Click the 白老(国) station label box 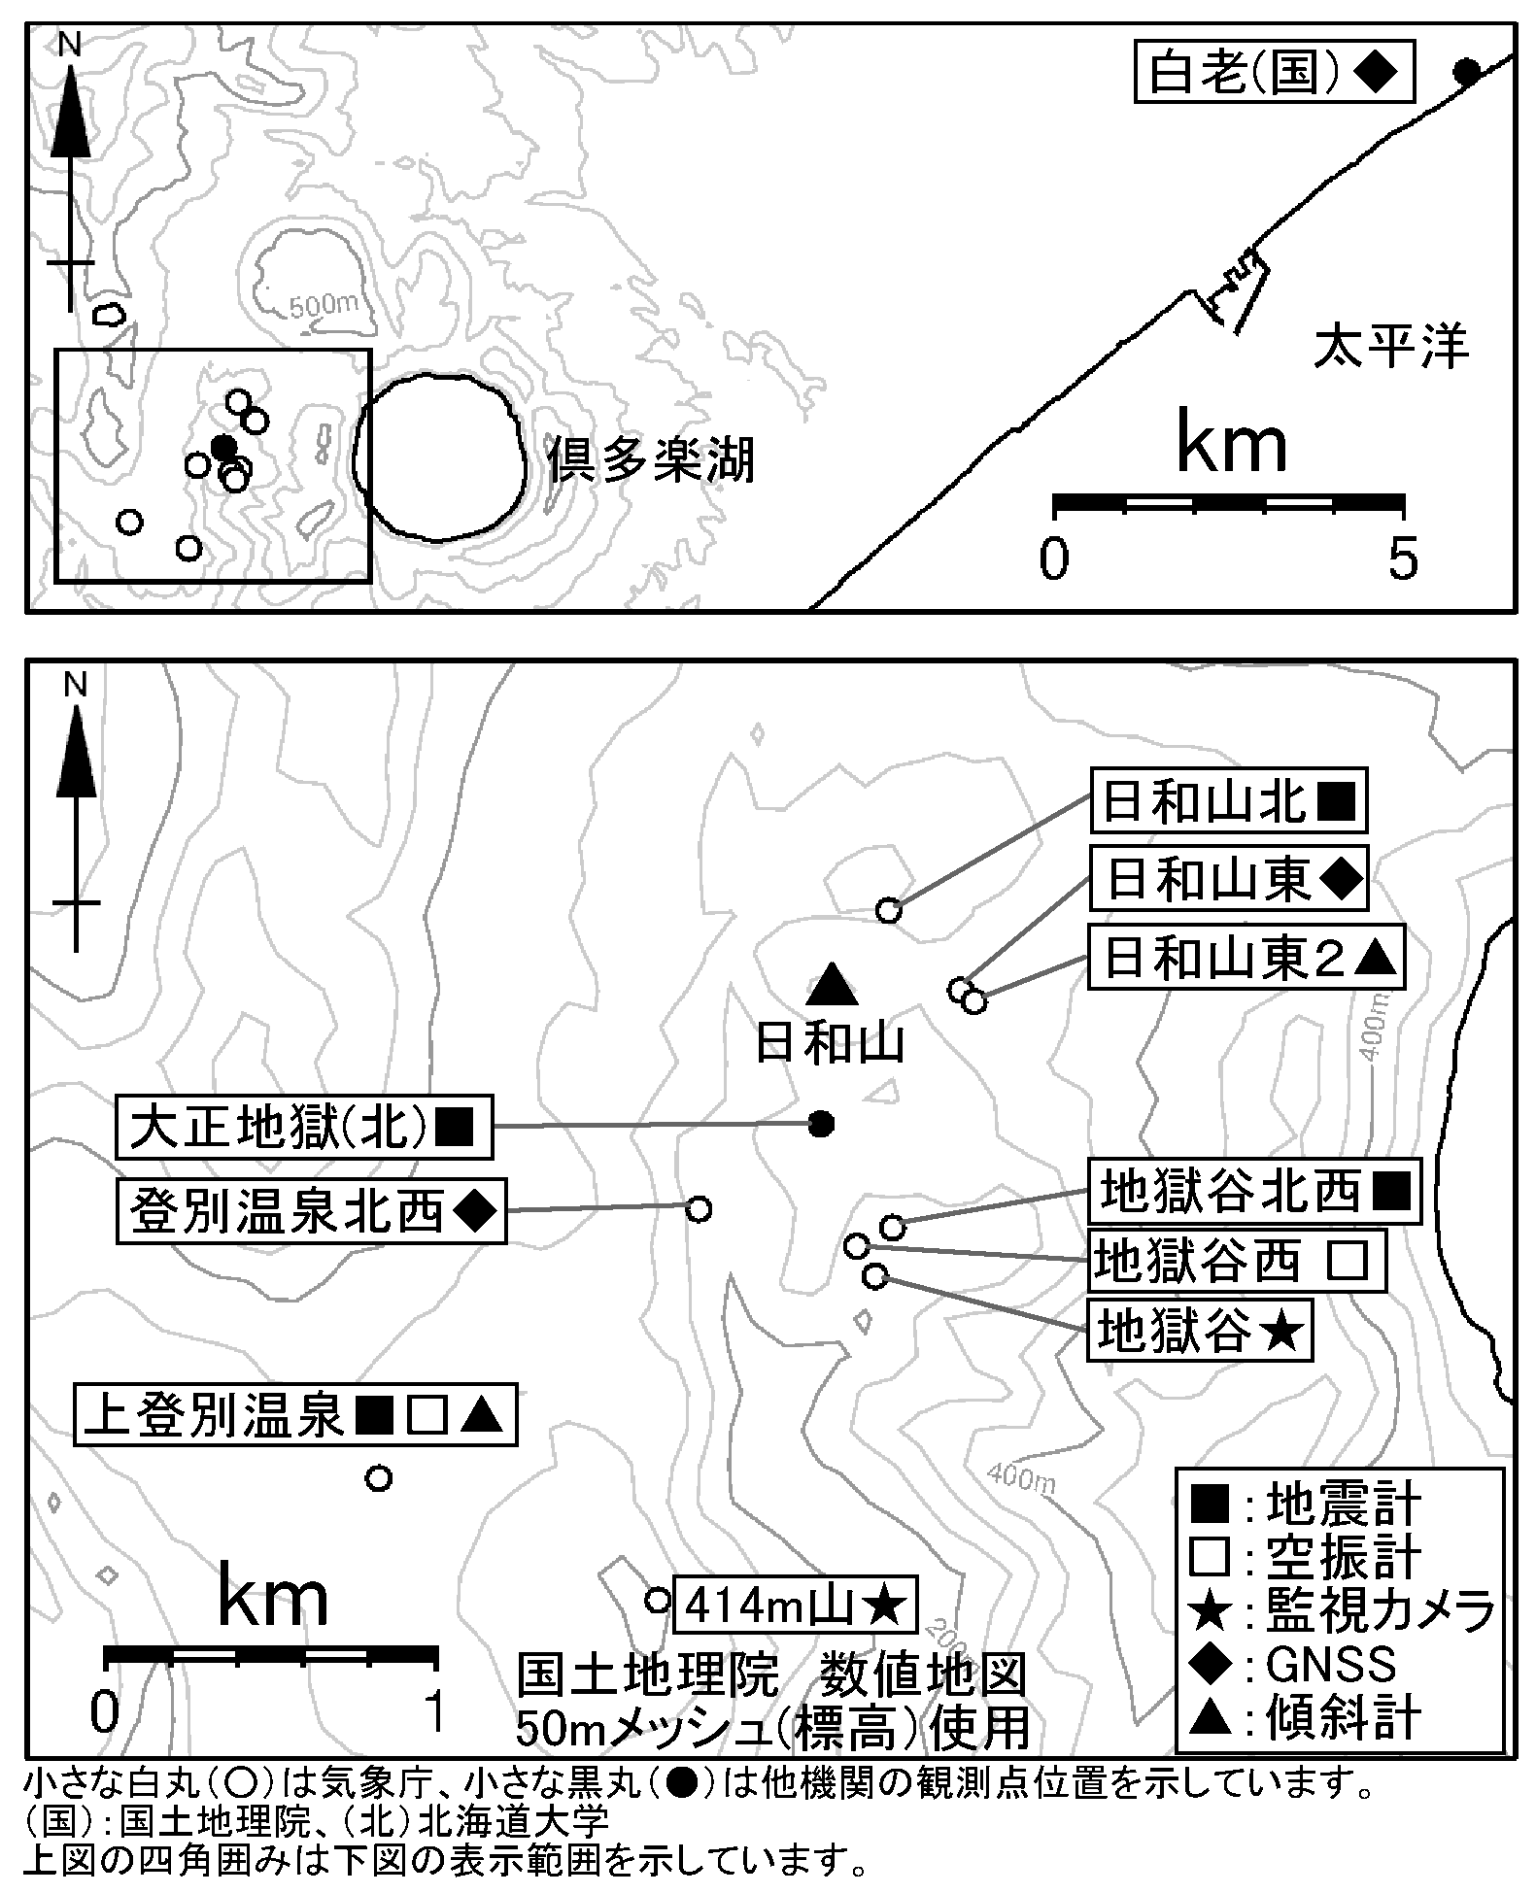1273,72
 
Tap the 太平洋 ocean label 1390,347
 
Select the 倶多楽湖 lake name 651,460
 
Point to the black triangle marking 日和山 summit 833,984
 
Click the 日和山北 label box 1228,802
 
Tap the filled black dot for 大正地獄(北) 822,1125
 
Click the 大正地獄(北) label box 304,1128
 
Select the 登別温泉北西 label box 312,1211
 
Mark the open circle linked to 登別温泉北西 699,1209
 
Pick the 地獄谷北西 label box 1253,1191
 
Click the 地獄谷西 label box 1235,1262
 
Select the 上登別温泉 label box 295,1415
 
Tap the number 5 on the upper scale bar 1402,559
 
